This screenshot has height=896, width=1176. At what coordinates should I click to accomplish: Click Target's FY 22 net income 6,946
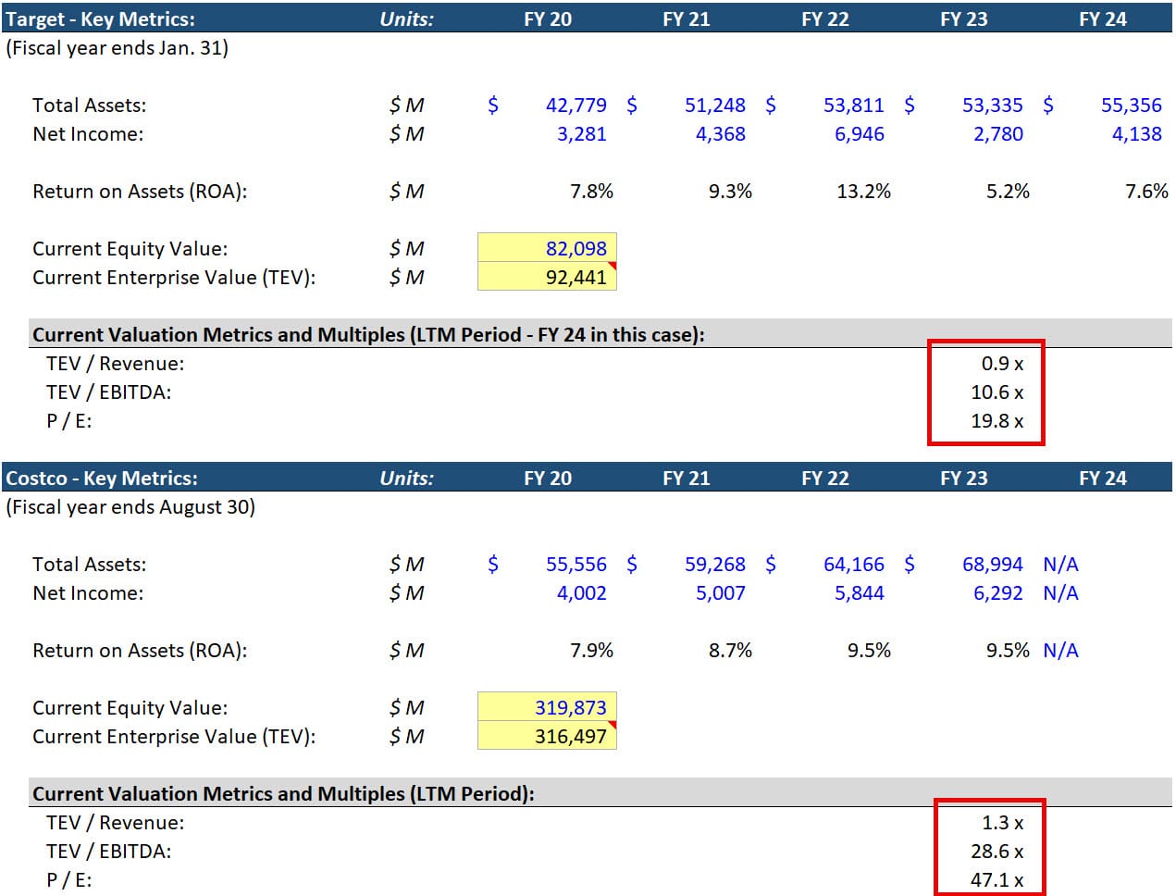pyautogui.click(x=859, y=134)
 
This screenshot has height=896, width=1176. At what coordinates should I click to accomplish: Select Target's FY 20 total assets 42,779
pyautogui.click(x=576, y=106)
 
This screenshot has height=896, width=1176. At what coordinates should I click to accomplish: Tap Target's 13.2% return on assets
pyautogui.click(x=863, y=192)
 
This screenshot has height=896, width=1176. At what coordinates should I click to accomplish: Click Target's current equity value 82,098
pyautogui.click(x=576, y=249)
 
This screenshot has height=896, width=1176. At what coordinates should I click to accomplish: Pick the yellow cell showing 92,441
pyautogui.click(x=576, y=278)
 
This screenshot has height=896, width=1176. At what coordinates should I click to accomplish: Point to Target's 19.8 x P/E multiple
pyautogui.click(x=997, y=421)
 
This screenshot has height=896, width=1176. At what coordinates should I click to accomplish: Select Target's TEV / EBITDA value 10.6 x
pyautogui.click(x=997, y=392)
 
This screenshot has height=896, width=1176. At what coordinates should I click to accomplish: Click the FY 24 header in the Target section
pyautogui.click(x=1102, y=19)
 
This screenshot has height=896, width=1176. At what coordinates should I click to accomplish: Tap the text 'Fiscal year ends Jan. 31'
pyautogui.click(x=117, y=48)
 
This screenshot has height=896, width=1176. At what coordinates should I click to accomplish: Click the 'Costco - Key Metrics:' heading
pyautogui.click(x=102, y=479)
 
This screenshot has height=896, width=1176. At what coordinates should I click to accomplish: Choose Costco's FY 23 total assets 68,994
pyautogui.click(x=992, y=565)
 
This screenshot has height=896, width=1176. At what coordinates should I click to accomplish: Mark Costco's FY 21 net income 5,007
pyautogui.click(x=720, y=593)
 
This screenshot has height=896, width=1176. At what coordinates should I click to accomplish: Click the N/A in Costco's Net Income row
pyautogui.click(x=1060, y=593)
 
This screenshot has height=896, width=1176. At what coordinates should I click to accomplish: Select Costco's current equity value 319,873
pyautogui.click(x=570, y=708)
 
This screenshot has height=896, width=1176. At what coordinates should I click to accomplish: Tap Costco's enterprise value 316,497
pyautogui.click(x=570, y=737)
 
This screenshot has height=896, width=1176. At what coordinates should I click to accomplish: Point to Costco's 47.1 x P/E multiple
pyautogui.click(x=997, y=880)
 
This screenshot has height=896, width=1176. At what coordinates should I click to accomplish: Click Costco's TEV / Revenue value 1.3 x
pyautogui.click(x=1002, y=823)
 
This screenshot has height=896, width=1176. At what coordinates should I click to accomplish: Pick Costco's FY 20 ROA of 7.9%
pyautogui.click(x=591, y=651)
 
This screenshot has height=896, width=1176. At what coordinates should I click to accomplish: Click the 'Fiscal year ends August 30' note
pyautogui.click(x=130, y=507)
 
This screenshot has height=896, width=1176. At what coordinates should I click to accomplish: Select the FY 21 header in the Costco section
pyautogui.click(x=686, y=479)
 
